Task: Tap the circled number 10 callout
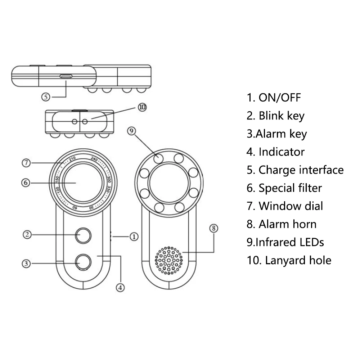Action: tap(143, 107)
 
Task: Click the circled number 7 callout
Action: tap(25, 163)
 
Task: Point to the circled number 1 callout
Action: tap(134, 237)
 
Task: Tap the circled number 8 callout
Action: tap(214, 228)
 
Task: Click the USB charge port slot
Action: tap(66, 76)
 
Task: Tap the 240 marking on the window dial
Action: tap(95, 159)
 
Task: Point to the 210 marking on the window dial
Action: tap(73, 159)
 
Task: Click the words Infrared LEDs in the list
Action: tap(289, 242)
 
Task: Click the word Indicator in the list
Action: tap(282, 152)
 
